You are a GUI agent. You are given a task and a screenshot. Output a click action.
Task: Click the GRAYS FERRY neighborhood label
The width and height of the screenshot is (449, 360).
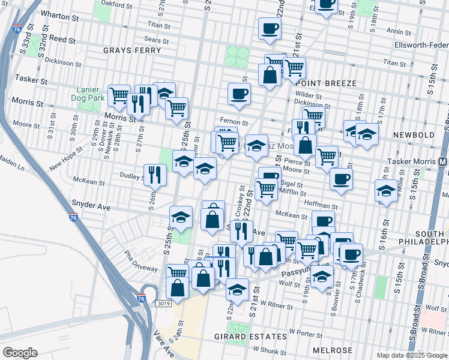coord(132,50)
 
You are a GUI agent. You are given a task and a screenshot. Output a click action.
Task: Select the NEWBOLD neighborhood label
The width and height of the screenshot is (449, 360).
coord(414,135)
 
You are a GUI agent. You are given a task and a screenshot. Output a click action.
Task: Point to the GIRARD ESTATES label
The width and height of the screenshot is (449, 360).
coord(243,337)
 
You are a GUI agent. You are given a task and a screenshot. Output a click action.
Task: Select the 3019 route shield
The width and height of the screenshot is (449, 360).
coord(164,304)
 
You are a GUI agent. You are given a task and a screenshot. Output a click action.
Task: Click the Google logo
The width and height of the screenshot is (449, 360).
coord(20,353)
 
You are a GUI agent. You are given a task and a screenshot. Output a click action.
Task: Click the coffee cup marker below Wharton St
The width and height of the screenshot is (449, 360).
coord(270,28)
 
